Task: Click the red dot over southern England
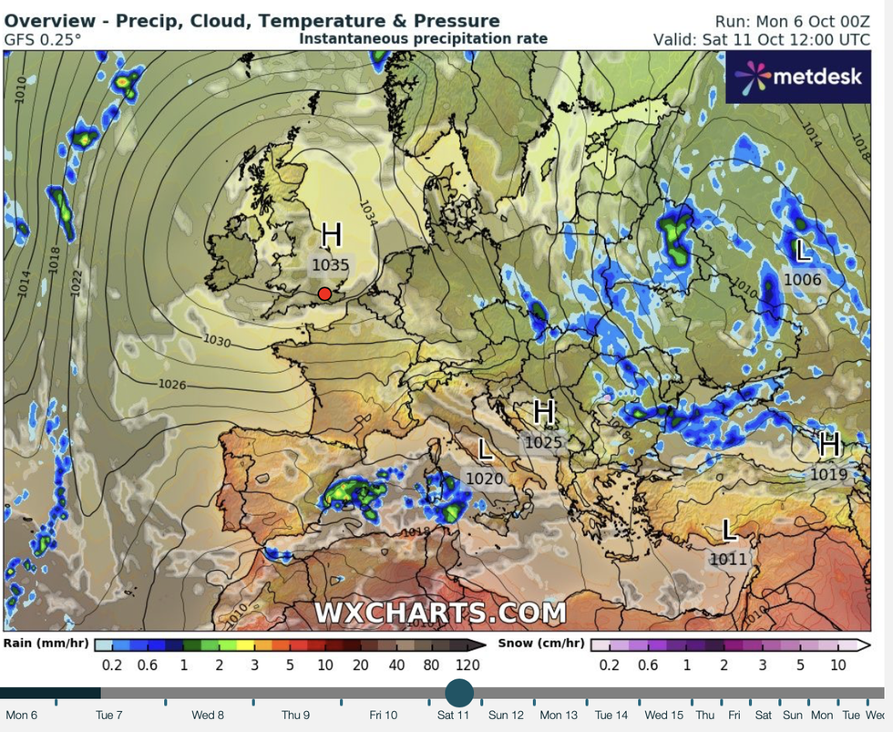(x=324, y=294)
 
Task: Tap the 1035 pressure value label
(x=331, y=265)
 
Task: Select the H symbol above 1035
(x=332, y=235)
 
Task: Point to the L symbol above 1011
(x=729, y=530)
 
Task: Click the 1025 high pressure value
(x=544, y=442)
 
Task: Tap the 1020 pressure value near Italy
(x=484, y=478)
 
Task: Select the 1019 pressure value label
(x=828, y=474)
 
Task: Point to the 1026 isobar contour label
(x=173, y=385)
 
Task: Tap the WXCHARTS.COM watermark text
(x=440, y=613)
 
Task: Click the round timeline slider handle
(x=459, y=692)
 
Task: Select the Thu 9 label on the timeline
(x=295, y=716)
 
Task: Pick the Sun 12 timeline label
(x=506, y=716)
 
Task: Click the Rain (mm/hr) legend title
(x=46, y=644)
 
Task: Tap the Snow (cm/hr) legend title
(x=541, y=644)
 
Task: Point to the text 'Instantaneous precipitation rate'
(x=423, y=38)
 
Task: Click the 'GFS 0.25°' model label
(x=42, y=39)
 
